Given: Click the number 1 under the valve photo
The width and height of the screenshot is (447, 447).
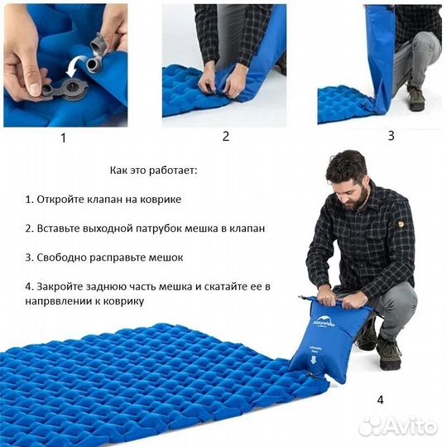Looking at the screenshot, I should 63,138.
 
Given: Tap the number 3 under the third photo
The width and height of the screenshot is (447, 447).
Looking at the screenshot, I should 391,135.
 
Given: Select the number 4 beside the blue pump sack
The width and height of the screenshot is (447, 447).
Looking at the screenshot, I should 380,400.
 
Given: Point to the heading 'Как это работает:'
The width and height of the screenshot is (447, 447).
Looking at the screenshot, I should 153,171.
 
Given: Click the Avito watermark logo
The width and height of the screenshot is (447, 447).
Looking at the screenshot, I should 398,425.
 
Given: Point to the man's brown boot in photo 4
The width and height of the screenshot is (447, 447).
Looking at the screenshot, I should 387,353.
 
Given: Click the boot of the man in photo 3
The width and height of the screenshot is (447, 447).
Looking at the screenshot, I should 416,99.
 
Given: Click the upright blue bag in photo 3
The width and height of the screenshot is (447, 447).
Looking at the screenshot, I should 380,58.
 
